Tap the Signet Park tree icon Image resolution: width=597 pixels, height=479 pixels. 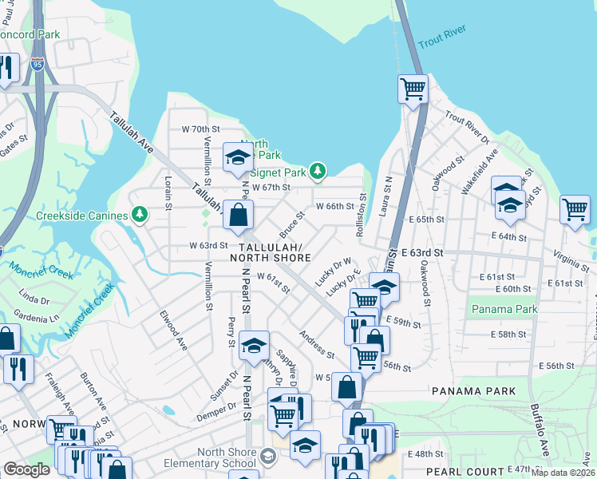click(318, 171)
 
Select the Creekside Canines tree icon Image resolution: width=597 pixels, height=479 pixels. click(140, 214)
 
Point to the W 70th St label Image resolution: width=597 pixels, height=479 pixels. click(200, 129)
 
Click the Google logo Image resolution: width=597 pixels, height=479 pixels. click(26, 469)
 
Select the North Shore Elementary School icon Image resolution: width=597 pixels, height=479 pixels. click(268, 456)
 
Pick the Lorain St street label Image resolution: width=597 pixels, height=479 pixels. click(168, 192)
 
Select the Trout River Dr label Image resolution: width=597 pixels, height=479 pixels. click(467, 128)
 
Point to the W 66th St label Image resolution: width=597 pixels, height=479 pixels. click(334, 206)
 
